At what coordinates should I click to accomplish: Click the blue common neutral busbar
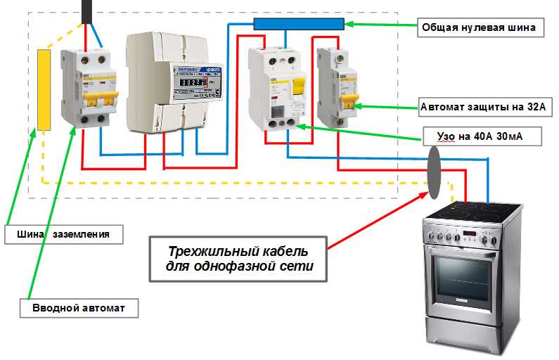(298, 24)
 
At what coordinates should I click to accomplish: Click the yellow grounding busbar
(44, 89)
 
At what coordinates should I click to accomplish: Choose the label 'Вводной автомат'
(77, 308)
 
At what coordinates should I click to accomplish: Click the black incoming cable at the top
(87, 11)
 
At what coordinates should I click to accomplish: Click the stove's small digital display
(470, 234)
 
